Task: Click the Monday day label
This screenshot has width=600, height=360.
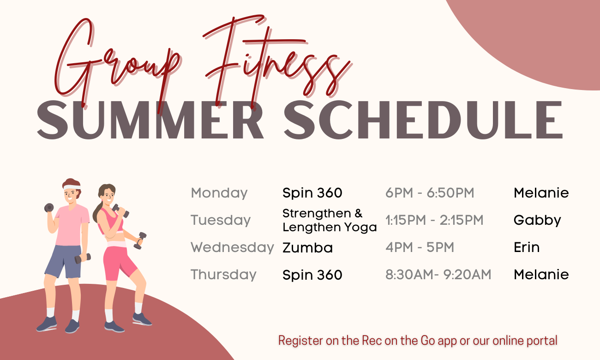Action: click(x=219, y=193)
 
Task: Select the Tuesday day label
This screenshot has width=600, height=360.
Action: click(x=221, y=220)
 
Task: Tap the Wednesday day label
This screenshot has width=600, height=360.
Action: click(x=232, y=247)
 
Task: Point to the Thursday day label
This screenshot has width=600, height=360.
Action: click(x=223, y=275)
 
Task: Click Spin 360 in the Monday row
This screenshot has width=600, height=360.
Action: click(x=312, y=193)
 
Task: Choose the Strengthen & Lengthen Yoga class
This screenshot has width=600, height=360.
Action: click(x=329, y=220)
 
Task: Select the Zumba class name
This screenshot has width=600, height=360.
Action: click(x=307, y=248)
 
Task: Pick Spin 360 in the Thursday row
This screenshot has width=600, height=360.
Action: click(x=312, y=276)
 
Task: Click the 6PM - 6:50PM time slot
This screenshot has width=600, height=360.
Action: click(x=430, y=193)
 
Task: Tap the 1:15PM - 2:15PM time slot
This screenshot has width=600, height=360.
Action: click(x=434, y=220)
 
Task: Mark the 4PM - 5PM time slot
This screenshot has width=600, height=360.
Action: click(x=420, y=247)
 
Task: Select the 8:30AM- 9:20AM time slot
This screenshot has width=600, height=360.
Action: click(x=438, y=275)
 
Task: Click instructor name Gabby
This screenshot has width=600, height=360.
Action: click(x=537, y=221)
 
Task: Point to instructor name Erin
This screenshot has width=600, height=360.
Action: click(x=526, y=247)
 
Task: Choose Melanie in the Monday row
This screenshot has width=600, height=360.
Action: click(x=541, y=193)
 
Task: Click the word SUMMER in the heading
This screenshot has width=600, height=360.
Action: click(x=150, y=120)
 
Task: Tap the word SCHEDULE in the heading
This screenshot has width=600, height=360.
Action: click(x=422, y=120)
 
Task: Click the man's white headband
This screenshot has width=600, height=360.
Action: click(x=72, y=187)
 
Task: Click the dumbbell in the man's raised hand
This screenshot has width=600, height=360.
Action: click(x=49, y=208)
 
